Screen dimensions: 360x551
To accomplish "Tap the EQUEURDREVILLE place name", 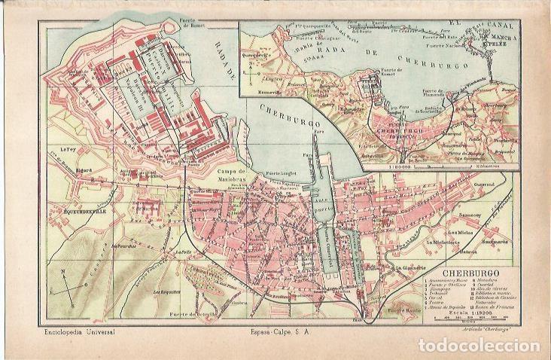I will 84,190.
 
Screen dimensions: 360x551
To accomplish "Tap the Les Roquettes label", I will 164,290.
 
